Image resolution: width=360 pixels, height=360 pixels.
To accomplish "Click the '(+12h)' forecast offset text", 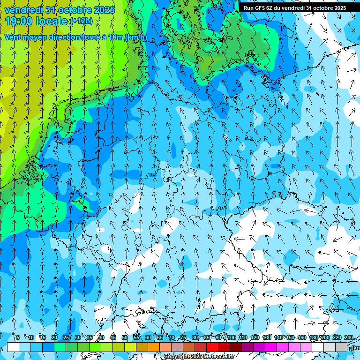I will coord(81,21).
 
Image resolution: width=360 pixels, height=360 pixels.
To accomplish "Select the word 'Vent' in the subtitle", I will coord(13,37).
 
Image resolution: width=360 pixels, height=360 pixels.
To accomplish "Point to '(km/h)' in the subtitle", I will coord(136,37).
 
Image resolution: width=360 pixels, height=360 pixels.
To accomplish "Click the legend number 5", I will coord(18,337).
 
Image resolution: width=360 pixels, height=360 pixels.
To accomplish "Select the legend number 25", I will coord(66,337).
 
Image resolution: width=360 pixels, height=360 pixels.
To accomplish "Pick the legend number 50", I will coord(124,337).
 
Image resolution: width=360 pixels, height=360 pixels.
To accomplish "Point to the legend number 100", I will coord(231,337).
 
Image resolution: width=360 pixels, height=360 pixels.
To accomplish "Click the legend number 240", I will coord(349,337).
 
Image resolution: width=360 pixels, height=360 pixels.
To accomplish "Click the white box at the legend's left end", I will coord(13,347).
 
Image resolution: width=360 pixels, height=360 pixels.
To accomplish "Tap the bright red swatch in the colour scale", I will coord(212,347).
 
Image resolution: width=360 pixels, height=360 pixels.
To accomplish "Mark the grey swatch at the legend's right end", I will coord(341,347).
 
